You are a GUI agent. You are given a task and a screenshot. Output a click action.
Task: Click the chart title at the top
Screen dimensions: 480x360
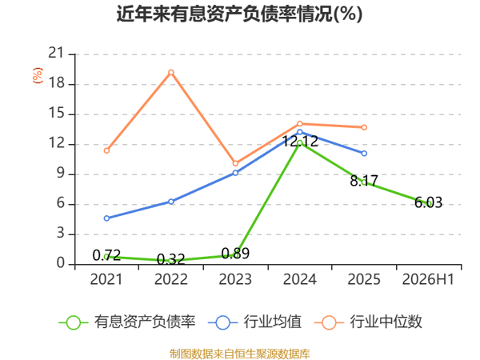239,14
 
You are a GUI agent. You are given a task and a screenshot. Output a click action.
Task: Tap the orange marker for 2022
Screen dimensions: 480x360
171,72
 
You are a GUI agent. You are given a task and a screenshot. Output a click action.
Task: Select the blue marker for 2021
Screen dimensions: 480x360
106,218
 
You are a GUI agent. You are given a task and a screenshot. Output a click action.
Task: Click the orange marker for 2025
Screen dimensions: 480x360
364,127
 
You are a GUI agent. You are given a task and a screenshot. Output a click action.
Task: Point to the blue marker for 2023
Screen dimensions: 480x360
235,173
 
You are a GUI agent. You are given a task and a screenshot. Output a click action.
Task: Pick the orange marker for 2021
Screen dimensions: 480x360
106,150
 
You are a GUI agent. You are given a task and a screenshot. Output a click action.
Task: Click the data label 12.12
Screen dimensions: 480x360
300,141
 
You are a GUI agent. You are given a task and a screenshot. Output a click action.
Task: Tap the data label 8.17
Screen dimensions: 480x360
364,181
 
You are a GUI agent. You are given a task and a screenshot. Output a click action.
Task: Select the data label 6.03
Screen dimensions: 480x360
428,202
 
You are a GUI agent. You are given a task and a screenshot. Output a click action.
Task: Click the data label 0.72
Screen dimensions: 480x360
106,255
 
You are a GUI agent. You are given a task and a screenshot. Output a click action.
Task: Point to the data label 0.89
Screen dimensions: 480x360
235,253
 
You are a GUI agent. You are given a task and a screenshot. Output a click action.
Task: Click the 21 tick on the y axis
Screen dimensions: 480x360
57,54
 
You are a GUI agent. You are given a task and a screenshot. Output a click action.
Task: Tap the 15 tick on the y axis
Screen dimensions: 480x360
57,114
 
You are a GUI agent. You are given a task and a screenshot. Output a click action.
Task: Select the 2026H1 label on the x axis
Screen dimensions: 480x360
428,279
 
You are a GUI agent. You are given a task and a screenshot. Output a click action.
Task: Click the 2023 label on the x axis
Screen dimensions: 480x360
235,279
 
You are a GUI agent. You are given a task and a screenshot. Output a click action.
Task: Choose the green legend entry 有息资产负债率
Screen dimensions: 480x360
127,322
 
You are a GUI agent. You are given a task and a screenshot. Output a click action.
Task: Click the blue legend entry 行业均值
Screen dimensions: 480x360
254,322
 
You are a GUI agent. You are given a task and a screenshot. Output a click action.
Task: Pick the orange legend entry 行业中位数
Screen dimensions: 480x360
368,322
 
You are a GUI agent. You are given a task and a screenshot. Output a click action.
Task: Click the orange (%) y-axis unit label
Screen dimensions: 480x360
38,75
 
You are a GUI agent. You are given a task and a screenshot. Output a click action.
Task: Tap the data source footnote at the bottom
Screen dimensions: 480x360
240,354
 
